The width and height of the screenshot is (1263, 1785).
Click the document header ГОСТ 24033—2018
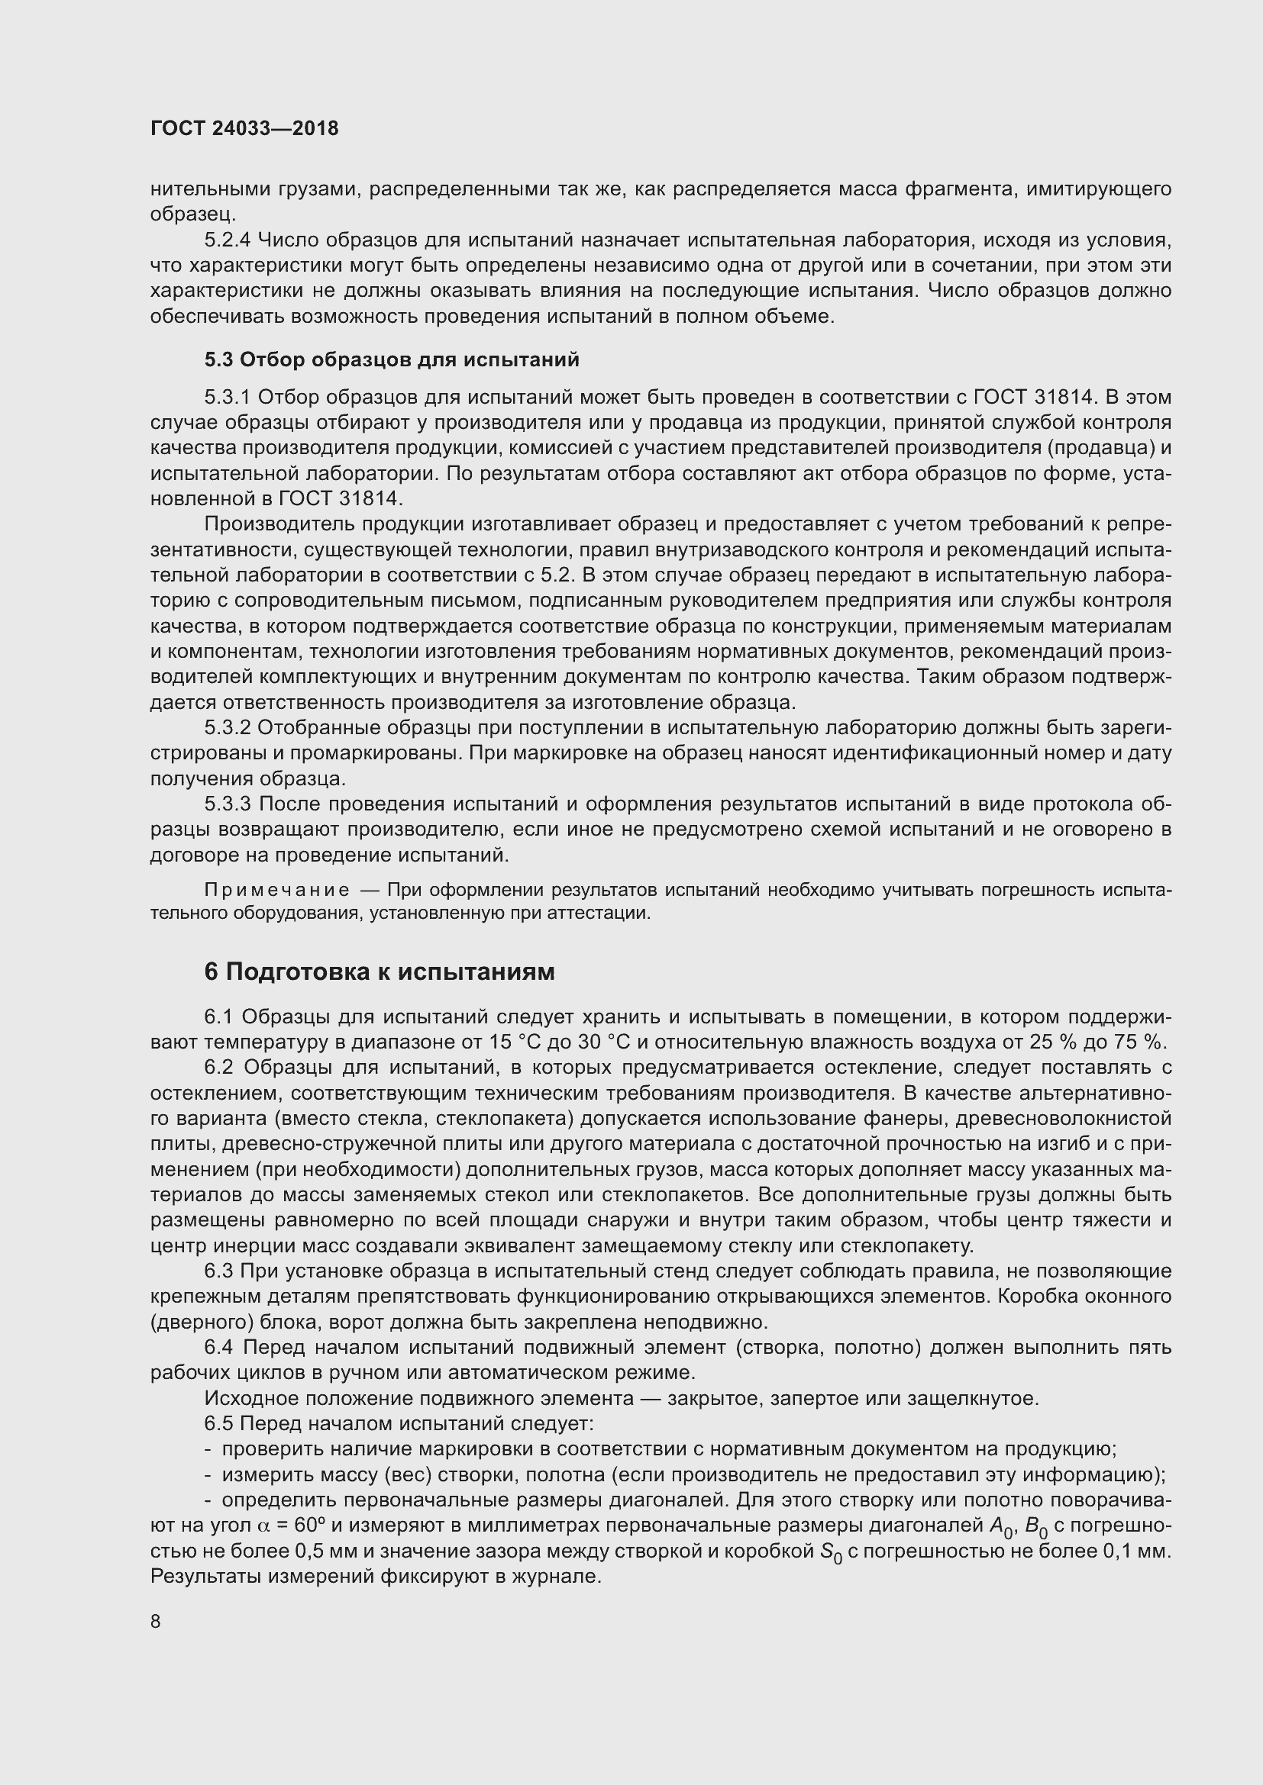(x=244, y=128)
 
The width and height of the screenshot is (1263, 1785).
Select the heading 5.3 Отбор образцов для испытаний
(x=392, y=359)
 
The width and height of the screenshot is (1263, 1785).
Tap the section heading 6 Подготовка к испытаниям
(x=380, y=971)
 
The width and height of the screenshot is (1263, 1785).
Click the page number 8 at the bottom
(x=156, y=1622)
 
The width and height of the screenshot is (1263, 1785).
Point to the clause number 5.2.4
(x=227, y=240)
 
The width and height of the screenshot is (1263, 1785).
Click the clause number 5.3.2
(x=227, y=728)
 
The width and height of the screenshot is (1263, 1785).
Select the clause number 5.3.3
(x=227, y=804)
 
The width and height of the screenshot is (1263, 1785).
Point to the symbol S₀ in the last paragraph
(x=832, y=1551)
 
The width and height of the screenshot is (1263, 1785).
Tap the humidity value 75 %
(x=1143, y=1042)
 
